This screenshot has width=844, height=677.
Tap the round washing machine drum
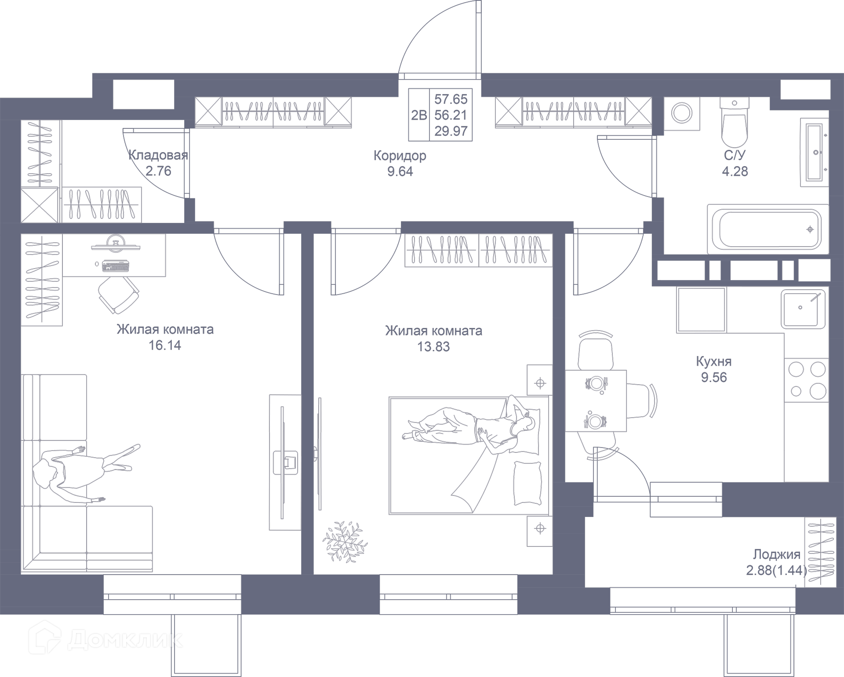click(x=682, y=113)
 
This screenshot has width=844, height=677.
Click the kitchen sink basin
click(x=800, y=309)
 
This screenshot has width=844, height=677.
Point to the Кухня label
click(x=714, y=361)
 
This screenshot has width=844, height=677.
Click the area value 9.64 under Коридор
click(x=400, y=171)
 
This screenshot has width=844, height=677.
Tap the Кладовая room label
click(x=158, y=155)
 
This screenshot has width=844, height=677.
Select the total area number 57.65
click(x=451, y=99)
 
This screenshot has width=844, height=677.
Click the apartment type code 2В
click(x=419, y=115)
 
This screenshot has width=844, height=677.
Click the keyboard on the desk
click(x=116, y=266)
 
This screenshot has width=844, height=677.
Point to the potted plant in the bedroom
click(x=345, y=542)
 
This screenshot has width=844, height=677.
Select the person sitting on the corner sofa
click(x=84, y=473)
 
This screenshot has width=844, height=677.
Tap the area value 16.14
click(x=165, y=346)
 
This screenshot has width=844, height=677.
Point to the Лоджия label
click(x=776, y=554)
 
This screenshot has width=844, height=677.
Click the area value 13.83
click(x=433, y=347)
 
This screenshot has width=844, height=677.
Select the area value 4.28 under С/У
click(x=735, y=171)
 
